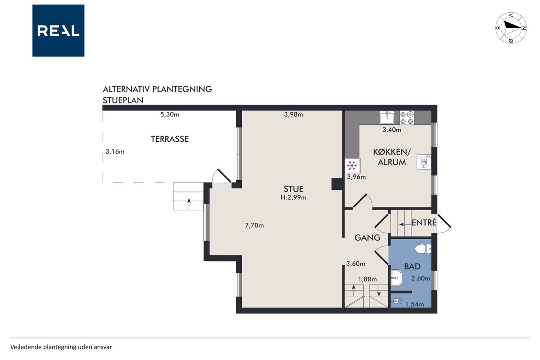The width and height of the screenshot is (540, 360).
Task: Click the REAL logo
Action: pos(58,31)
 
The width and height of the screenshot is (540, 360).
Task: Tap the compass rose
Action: pos(511,28)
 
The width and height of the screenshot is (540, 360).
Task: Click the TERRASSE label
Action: pos(170,139)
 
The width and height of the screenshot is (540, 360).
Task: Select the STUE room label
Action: pos(293,189)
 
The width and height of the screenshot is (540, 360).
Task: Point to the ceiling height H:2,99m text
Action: pos(293,198)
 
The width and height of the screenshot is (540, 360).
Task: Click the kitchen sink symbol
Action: pos(387,117)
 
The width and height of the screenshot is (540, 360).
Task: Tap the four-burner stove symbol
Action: pos(407,118)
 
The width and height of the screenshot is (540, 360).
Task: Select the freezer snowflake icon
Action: pos(352,166)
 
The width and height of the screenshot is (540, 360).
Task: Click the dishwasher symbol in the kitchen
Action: pos(424,162)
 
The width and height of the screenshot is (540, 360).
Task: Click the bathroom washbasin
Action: pos(396,278)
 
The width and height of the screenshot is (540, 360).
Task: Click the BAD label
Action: pos(412,266)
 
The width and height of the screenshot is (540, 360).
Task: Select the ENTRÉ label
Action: pos(424,222)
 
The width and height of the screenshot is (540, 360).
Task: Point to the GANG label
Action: pos(367,238)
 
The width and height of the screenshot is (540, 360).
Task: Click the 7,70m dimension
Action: pos(254,225)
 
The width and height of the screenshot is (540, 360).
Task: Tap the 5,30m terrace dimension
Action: pos(170,114)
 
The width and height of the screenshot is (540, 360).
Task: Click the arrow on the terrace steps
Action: pos(189,204)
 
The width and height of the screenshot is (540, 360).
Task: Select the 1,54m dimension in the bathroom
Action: pos(414,304)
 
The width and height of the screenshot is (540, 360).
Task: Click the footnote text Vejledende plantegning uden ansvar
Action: pos(61,347)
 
